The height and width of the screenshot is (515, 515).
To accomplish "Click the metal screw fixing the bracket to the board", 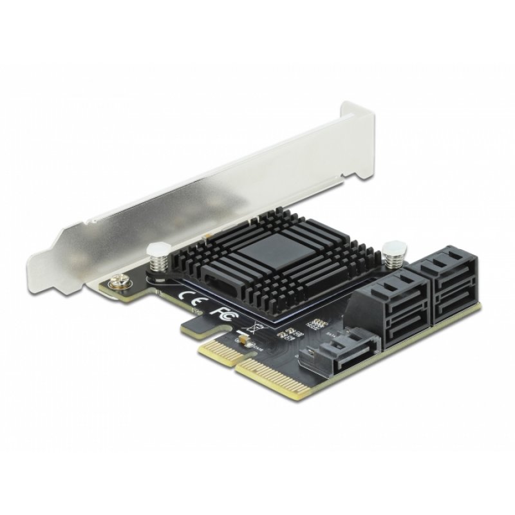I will (118, 281).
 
